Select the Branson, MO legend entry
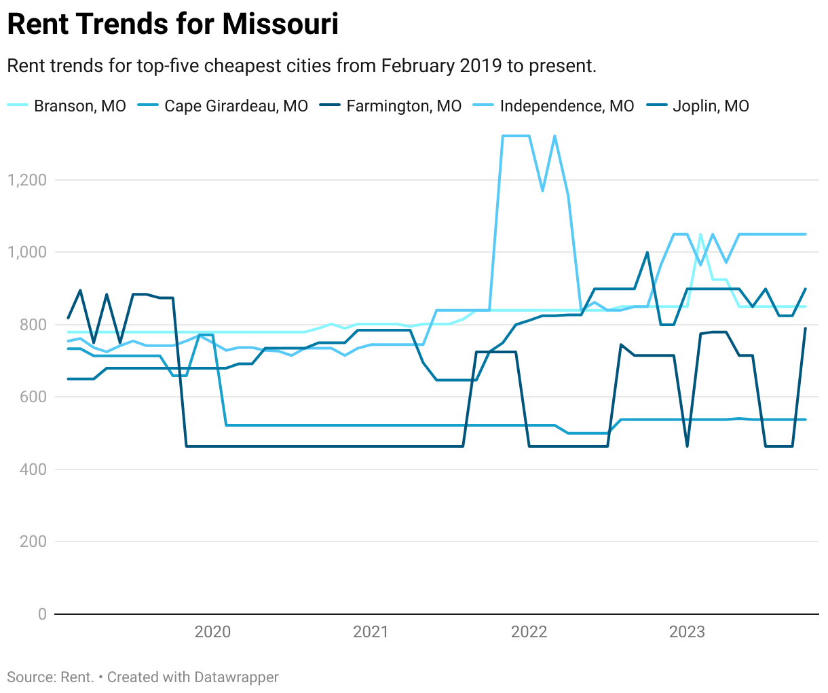tap(79, 106)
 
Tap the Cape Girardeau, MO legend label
tap(236, 106)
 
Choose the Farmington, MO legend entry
tap(403, 106)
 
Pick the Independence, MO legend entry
tap(566, 106)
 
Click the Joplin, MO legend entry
tap(710, 106)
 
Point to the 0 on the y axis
tap(42, 614)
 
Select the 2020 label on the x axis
tap(212, 632)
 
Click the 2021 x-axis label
tap(371, 632)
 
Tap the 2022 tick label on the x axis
tap(529, 632)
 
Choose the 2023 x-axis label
tap(687, 632)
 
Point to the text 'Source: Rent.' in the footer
tap(50, 677)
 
